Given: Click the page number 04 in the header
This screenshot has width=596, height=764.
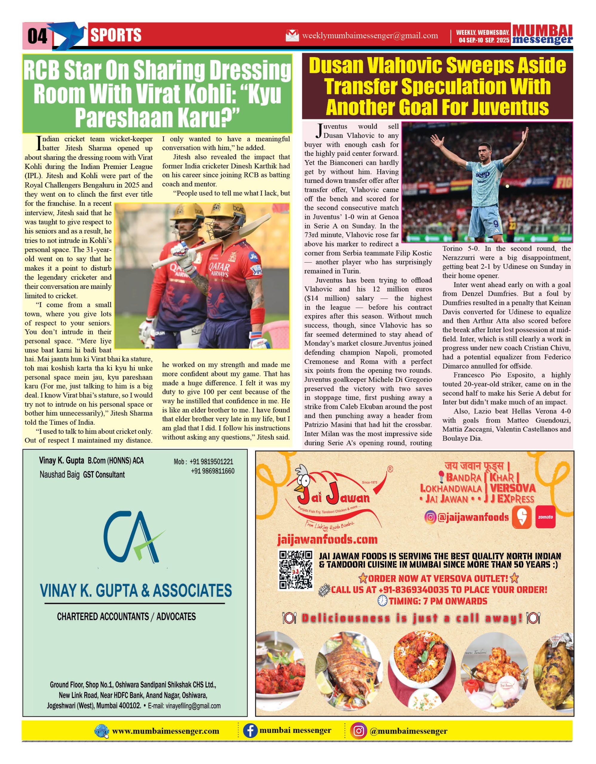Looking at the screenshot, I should tap(37, 36).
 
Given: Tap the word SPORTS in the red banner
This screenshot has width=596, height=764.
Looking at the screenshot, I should tap(116, 35).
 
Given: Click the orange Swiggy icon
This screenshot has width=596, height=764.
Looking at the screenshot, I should tap(522, 517).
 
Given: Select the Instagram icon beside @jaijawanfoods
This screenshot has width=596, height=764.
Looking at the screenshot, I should tap(430, 517).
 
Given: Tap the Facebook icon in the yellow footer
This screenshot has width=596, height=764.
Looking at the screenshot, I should tap(250, 731).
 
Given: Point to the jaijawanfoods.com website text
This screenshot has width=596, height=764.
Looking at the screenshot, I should tap(327, 540).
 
